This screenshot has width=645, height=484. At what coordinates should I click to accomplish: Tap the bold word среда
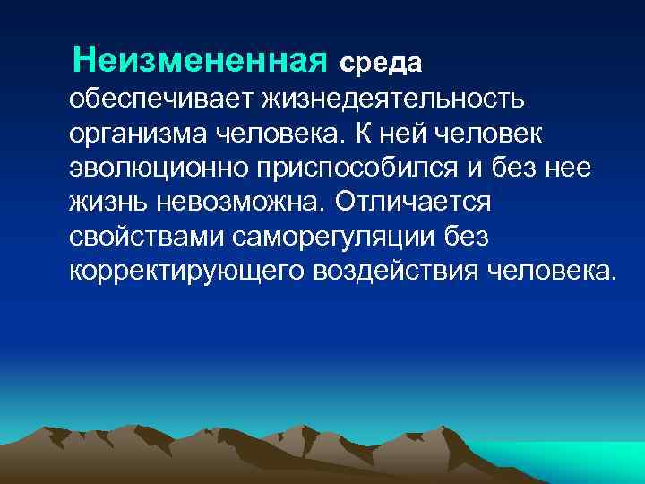(380, 64)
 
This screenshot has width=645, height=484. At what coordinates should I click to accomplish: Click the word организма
(137, 133)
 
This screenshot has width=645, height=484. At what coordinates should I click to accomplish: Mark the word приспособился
(349, 168)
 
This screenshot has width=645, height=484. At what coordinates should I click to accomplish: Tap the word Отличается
(414, 203)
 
